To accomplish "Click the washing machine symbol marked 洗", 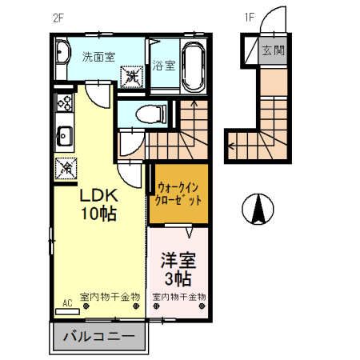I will (130, 77).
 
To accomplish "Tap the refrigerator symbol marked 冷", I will (63, 169).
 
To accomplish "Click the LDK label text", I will (98, 195).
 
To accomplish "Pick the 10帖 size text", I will (98, 214).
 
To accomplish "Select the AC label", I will (67, 303).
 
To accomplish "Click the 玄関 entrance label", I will (273, 50).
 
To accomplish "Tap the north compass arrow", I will (258, 210).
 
